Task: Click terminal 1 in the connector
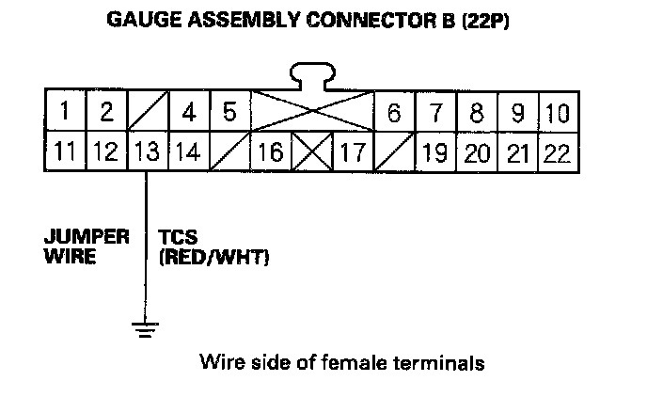point(64,113)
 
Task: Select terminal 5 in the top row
point(229,113)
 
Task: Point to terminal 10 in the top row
point(559,113)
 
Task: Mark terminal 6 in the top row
point(394,113)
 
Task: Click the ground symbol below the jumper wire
point(146,328)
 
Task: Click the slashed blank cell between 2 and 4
point(147,113)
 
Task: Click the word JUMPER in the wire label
point(86,237)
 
